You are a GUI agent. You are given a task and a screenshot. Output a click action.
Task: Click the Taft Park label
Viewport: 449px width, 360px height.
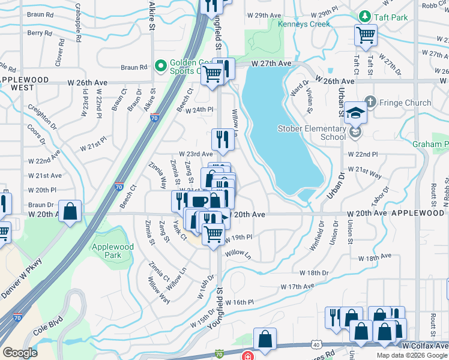coord(391,17)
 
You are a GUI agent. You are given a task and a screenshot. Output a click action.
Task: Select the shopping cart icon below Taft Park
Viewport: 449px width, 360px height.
coord(365,35)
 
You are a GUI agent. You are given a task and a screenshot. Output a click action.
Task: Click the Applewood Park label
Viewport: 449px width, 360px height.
coord(112,251)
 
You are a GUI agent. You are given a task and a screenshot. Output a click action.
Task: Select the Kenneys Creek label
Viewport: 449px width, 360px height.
coord(304,25)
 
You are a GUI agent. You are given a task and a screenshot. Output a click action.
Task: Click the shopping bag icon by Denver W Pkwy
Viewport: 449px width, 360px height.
coord(70,211)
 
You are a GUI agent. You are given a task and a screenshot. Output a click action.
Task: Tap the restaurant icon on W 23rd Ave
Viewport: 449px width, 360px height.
coord(222,139)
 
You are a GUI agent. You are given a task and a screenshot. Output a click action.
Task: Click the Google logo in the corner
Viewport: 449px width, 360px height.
coord(20,352)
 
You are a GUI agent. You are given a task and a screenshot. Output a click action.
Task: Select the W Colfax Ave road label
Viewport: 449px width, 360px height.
coord(425,346)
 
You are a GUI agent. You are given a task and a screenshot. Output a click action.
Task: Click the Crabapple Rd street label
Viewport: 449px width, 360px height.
coord(78,22)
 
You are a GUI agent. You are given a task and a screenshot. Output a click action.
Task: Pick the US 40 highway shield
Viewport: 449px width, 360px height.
coord(316,344)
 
